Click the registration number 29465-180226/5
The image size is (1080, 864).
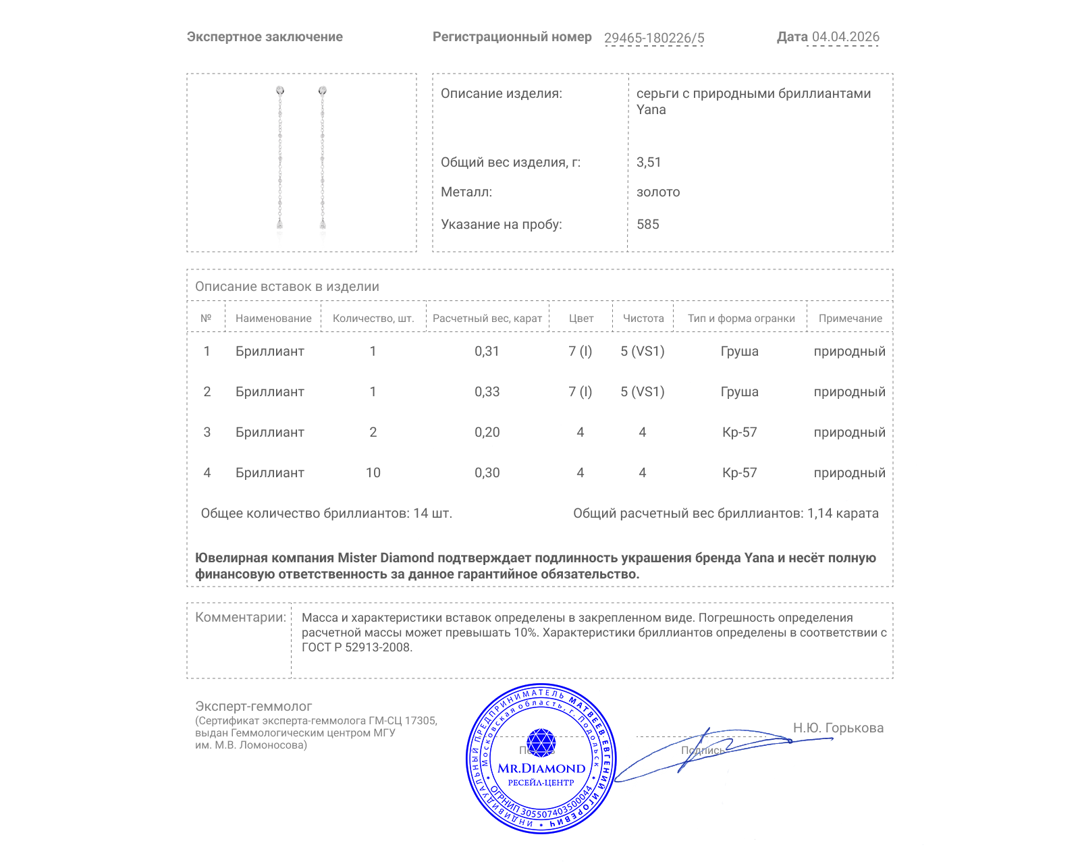653,38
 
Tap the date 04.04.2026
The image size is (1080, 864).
845,37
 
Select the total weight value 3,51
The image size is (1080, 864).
649,162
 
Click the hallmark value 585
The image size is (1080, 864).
647,224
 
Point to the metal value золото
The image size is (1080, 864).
658,192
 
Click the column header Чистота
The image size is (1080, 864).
643,318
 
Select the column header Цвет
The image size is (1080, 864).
580,318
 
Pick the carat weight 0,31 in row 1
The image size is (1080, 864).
487,351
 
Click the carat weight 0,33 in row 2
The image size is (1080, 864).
487,391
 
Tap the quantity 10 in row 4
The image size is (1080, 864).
373,473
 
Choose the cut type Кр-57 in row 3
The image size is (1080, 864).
739,432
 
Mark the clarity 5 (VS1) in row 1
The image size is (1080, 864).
642,351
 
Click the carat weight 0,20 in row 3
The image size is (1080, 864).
487,432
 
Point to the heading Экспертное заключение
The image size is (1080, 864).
265,37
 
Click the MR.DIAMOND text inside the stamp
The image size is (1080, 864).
541,768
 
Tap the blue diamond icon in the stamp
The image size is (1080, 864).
541,742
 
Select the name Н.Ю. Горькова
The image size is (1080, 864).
838,728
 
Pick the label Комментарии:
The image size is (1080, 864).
240,617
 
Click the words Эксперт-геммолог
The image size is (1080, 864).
253,706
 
